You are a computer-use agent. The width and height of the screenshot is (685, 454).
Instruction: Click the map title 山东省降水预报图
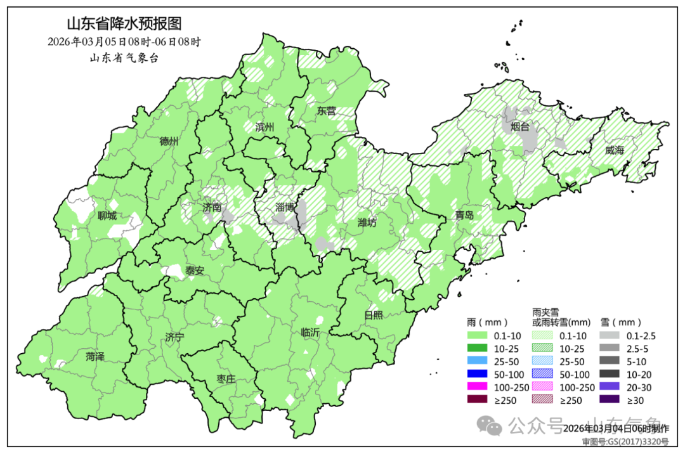124,24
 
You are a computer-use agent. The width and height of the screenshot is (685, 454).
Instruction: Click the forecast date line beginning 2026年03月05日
124,42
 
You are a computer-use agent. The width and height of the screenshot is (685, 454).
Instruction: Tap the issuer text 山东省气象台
124,58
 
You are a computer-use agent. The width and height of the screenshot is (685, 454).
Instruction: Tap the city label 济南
212,207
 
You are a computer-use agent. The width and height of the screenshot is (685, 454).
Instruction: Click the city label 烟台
520,127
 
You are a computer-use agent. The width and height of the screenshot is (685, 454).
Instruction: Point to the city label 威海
615,150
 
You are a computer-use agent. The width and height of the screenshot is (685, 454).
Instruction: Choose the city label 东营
327,110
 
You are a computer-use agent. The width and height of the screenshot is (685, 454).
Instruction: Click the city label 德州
169,141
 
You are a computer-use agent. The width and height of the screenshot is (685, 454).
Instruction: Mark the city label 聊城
107,216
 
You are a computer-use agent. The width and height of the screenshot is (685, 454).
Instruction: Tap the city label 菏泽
95,357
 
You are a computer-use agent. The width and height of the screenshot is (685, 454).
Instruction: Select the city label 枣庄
226,379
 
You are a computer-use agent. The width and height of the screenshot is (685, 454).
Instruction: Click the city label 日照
374,315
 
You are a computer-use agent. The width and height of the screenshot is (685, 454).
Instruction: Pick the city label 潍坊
368,223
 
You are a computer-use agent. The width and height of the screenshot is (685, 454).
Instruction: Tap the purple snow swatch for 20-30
608,387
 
